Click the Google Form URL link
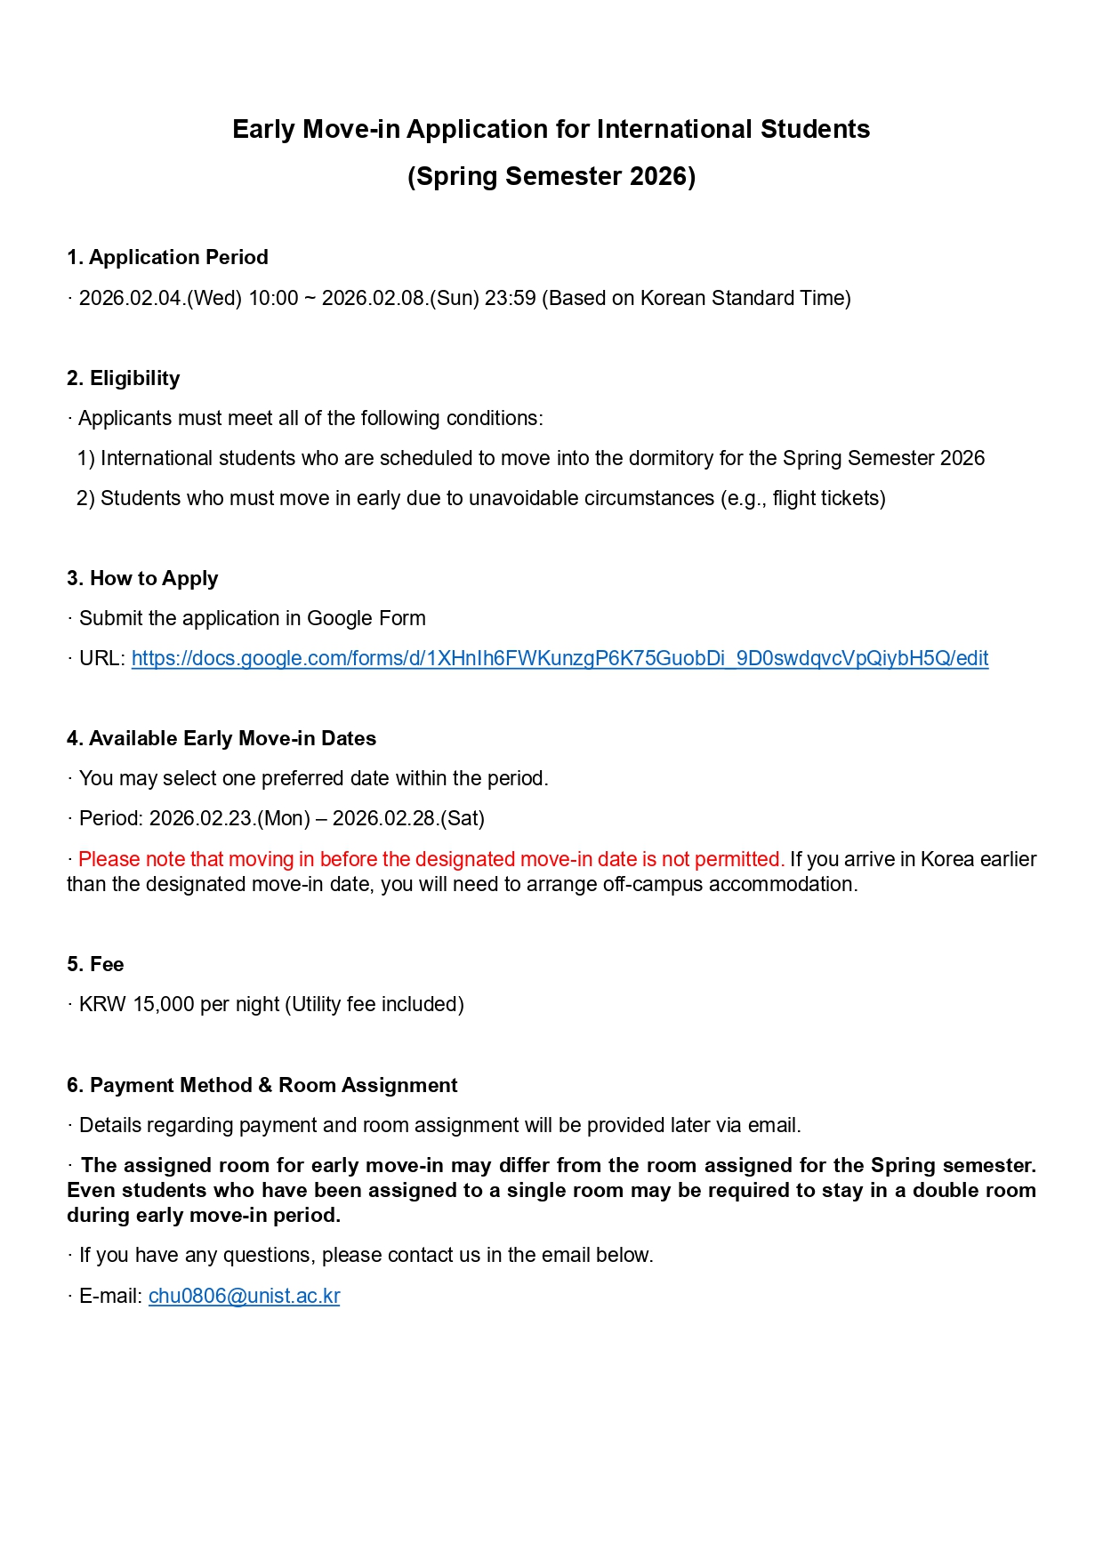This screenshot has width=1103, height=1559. (560, 658)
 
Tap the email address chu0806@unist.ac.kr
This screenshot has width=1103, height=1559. (244, 1296)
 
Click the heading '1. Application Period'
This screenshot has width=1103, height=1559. (167, 257)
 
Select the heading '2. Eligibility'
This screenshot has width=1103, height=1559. (123, 378)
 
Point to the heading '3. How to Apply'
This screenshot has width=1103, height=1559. (142, 578)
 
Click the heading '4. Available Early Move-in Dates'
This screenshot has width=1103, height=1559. (221, 738)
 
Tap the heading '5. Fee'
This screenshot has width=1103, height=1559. (95, 964)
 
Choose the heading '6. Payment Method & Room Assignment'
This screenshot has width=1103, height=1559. (262, 1085)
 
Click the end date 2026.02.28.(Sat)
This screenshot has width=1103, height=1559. (408, 818)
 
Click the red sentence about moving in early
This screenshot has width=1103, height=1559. (431, 859)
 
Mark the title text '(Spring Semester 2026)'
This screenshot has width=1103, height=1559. (551, 176)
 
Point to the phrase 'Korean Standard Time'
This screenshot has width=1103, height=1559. (742, 298)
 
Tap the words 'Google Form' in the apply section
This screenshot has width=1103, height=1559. (366, 618)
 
